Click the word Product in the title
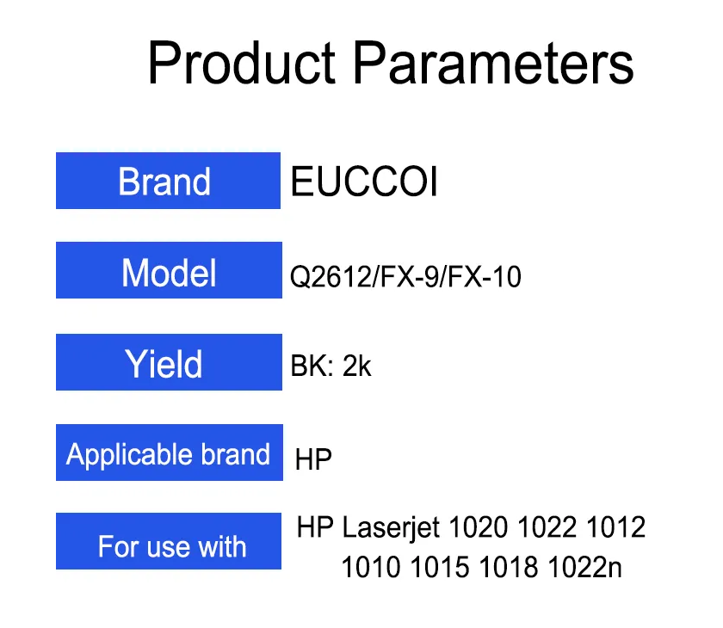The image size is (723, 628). tap(242, 63)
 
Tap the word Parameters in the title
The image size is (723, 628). tap(494, 63)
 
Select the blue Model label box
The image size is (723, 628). tap(169, 270)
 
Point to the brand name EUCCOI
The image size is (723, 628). tap(364, 181)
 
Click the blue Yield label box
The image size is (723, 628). tap(169, 362)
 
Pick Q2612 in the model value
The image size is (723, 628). tap(331, 276)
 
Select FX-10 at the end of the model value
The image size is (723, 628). tap(484, 276)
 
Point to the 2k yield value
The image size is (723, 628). tap(357, 366)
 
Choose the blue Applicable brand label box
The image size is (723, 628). tap(170, 453)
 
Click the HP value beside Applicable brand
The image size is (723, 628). tap(313, 459)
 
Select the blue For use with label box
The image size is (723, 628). tap(169, 541)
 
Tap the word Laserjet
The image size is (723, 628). tap(391, 528)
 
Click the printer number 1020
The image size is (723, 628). tap(479, 527)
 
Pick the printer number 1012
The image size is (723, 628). tap(615, 527)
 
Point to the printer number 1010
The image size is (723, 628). tap(371, 567)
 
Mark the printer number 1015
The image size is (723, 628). tap(440, 567)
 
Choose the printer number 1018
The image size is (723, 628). tap(509, 567)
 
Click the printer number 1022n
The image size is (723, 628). tap(585, 567)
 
